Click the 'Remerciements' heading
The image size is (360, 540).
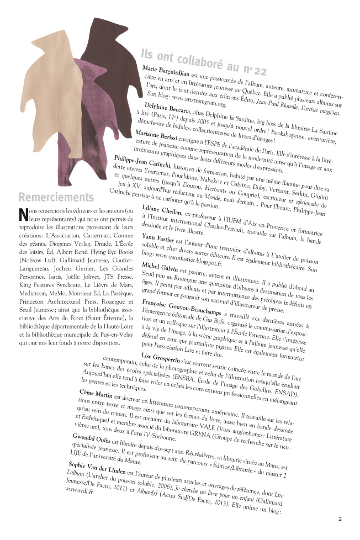pyautogui.click(x=55, y=197)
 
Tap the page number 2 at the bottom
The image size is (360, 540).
pyautogui.click(x=340, y=518)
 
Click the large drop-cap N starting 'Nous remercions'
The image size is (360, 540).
pyautogui.click(x=23, y=213)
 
